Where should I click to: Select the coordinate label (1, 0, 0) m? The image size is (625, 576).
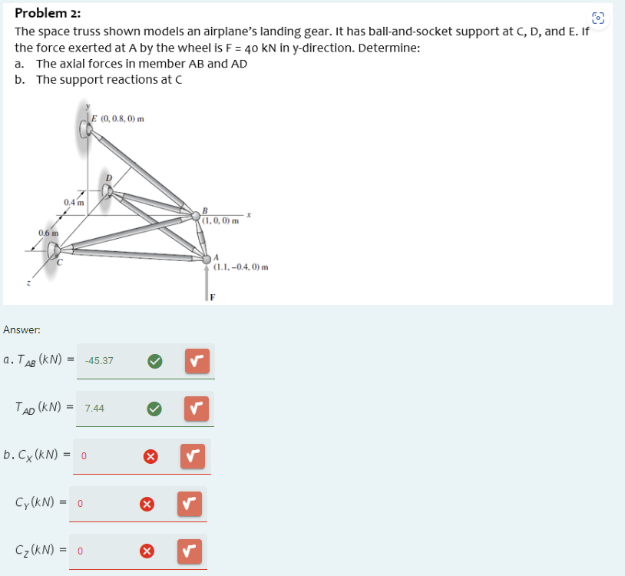point(222,220)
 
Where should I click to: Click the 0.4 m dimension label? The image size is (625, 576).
point(74,202)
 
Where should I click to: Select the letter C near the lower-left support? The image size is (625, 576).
point(58,263)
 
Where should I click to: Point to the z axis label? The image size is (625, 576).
point(30,284)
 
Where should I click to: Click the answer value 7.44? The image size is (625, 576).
point(94,408)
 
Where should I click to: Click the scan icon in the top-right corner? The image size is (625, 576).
point(599,18)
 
